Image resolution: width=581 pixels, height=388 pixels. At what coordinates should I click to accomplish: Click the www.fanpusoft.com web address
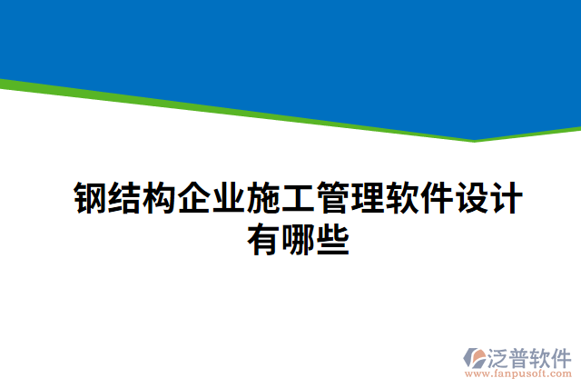pyautogui.click(x=518, y=373)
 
